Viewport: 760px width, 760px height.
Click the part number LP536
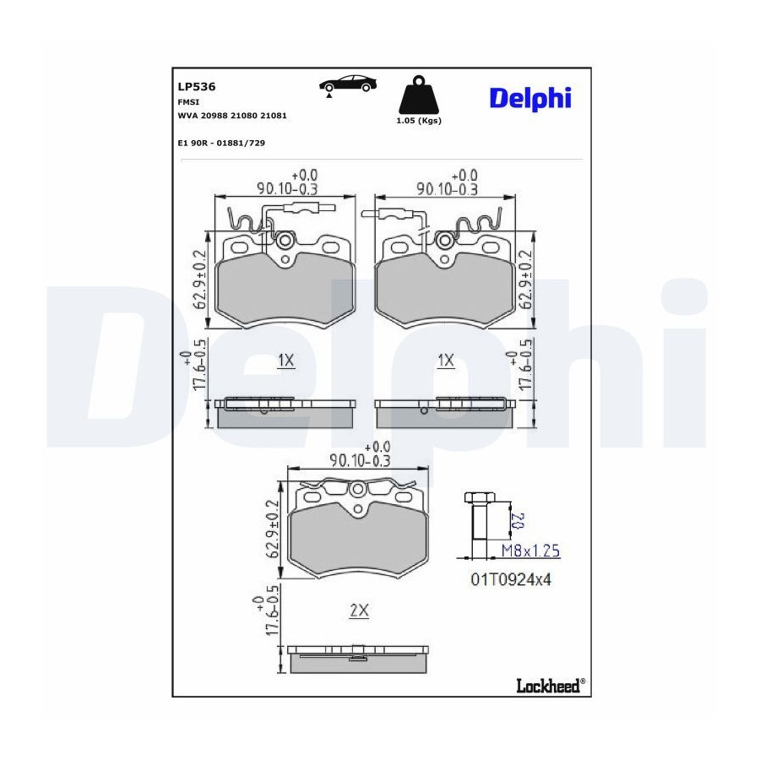(x=196, y=87)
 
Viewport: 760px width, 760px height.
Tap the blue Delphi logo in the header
(x=530, y=99)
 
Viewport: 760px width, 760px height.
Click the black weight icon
(x=418, y=95)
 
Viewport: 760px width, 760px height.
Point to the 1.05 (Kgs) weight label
(x=419, y=121)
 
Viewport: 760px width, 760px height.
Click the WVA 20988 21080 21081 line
(x=232, y=116)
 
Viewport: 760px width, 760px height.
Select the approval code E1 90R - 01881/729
(x=221, y=143)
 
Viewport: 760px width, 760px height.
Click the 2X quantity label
(x=359, y=611)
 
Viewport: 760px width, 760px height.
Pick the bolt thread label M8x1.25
(x=530, y=551)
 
